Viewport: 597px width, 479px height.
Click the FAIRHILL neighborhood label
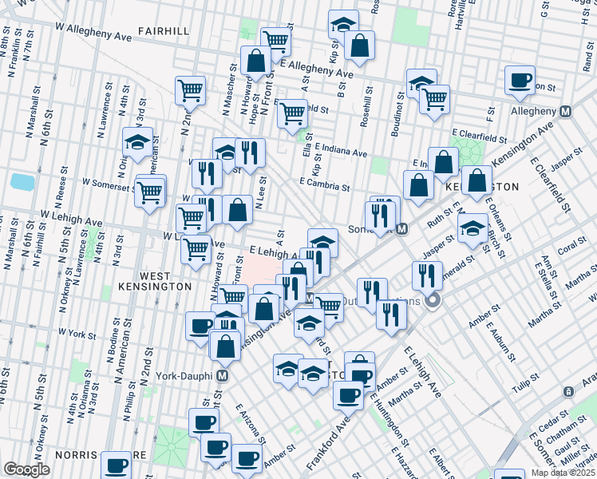pos(163,30)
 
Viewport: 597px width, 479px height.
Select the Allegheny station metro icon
pos(565,111)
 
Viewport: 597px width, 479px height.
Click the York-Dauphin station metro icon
pos(223,374)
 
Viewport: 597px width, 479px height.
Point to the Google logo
pos(26,469)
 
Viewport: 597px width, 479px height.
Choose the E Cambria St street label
pos(325,184)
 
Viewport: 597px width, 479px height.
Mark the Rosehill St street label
pos(366,97)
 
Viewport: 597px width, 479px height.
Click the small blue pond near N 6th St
pos(23,181)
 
